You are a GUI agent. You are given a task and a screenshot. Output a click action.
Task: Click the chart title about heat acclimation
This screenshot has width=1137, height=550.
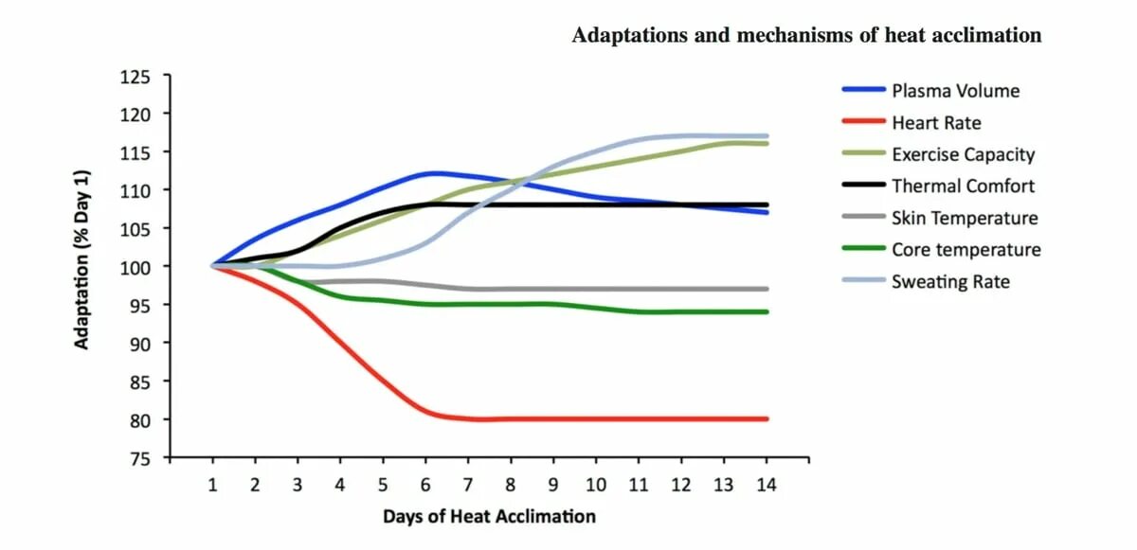(x=806, y=36)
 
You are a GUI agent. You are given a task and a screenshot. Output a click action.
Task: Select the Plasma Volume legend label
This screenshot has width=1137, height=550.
(x=955, y=91)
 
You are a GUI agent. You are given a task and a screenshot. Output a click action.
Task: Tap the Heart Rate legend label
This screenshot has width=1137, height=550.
(x=936, y=123)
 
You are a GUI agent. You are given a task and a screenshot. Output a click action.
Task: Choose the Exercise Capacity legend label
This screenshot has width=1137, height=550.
(x=963, y=154)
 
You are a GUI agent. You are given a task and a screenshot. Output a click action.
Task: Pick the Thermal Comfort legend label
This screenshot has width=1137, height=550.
(x=963, y=186)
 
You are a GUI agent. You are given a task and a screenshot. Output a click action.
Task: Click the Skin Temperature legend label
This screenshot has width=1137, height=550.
(x=965, y=219)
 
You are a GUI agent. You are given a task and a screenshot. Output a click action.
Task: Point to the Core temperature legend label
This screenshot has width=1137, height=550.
(x=966, y=250)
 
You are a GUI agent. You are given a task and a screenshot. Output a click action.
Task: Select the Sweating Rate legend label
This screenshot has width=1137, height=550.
(x=950, y=282)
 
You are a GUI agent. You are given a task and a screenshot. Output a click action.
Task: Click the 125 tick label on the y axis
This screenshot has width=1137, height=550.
(x=135, y=76)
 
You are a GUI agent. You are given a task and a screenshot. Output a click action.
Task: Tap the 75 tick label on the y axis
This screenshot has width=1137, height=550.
(x=139, y=458)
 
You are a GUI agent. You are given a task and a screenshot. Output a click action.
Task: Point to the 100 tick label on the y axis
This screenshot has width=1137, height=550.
(x=135, y=267)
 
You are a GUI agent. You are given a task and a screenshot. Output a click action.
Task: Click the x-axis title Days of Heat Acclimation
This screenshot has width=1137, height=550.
(x=489, y=517)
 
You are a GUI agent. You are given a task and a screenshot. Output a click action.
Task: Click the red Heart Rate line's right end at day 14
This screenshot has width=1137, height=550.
(x=766, y=418)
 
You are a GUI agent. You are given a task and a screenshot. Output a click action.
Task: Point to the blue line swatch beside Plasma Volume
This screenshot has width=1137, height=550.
(x=862, y=91)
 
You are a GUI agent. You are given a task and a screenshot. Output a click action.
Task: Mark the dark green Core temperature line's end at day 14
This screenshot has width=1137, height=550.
(x=766, y=311)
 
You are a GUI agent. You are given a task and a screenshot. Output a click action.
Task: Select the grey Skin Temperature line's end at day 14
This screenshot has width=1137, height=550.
(x=766, y=289)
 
